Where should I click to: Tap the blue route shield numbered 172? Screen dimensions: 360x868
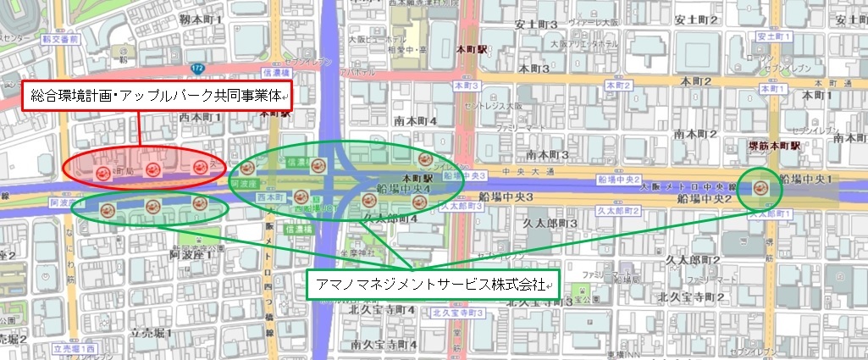pyautogui.click(x=197, y=67)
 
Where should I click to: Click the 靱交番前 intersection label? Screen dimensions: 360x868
pyautogui.click(x=63, y=40)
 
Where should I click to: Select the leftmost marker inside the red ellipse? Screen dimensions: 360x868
pyautogui.click(x=102, y=174)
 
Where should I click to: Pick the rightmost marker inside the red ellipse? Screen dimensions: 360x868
pyautogui.click(x=200, y=167)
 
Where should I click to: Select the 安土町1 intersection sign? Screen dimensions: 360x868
pyautogui.click(x=772, y=37)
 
